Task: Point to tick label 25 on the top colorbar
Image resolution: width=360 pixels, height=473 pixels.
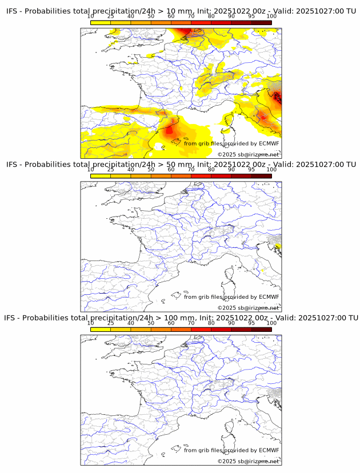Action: pyautogui.click(x=111, y=17)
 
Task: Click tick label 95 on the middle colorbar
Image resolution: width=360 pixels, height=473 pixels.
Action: pyautogui.click(x=251, y=170)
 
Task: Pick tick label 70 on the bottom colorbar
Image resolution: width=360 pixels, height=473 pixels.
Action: pyautogui.click(x=191, y=323)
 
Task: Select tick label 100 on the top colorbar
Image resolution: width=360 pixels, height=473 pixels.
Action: pyautogui.click(x=271, y=17)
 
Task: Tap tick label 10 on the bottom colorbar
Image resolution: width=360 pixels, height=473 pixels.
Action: pyautogui.click(x=91, y=323)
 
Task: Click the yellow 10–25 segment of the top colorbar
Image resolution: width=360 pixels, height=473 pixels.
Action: pyautogui.click(x=101, y=22)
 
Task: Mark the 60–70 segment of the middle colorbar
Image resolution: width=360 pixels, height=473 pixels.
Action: pyautogui.click(x=181, y=175)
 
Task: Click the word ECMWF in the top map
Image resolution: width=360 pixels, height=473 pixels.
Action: pyautogui.click(x=269, y=143)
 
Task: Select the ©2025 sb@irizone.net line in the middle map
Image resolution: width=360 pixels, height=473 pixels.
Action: pyautogui.click(x=249, y=308)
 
